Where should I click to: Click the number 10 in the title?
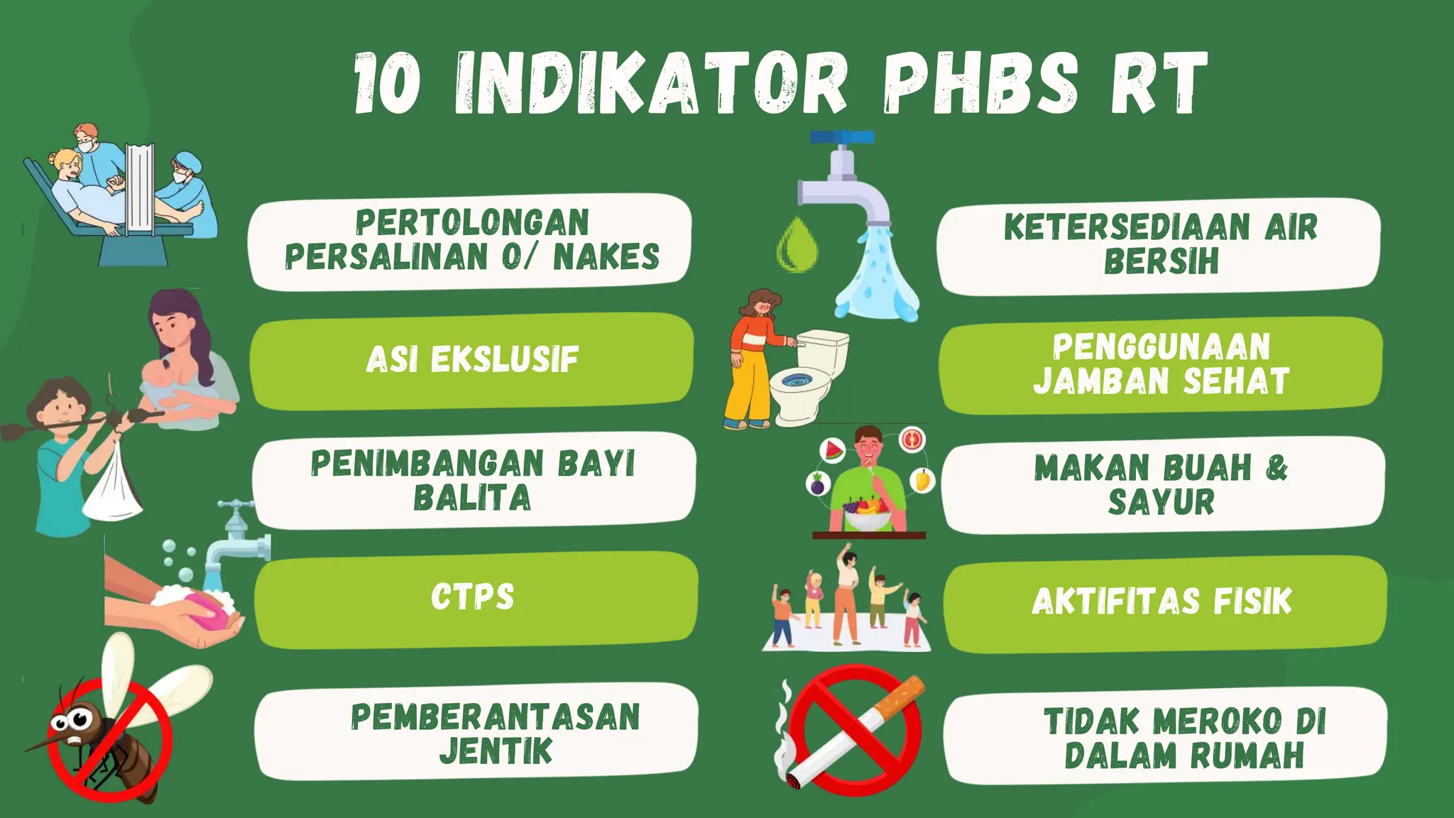pos(388,84)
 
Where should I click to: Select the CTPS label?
pos(473,597)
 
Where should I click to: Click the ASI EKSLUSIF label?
pos(473,359)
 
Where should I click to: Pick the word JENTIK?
pos(496,752)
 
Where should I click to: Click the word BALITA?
pos(473,498)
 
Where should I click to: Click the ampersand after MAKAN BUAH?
pos(1277,468)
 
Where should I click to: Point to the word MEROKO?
pos(1218,721)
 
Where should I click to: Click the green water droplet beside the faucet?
pos(797,245)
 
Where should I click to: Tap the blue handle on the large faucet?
pos(842,137)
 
